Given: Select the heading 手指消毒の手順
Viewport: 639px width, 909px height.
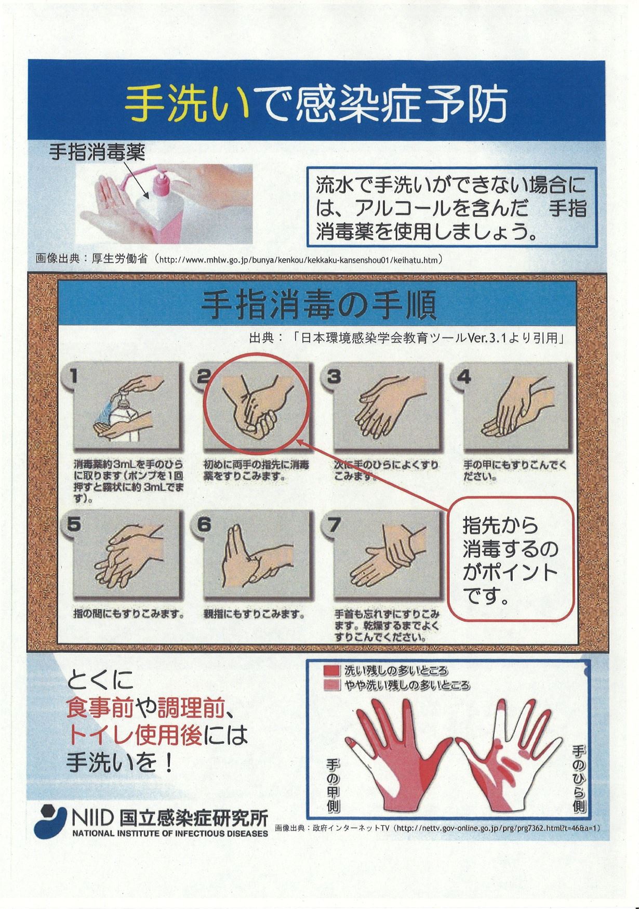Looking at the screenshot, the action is coord(318,306).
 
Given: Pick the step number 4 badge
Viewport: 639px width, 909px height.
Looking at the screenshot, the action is coord(464,376).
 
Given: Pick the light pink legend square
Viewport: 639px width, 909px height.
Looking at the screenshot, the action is coord(330,685).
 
